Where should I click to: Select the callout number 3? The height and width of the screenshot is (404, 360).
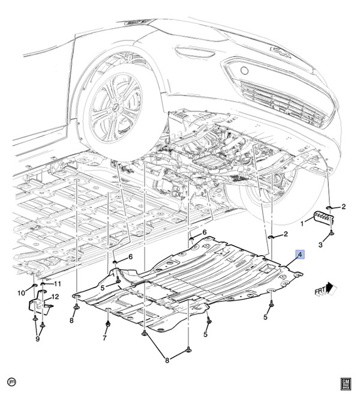coord(320,244)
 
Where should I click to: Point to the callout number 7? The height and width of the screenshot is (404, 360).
coord(104,337)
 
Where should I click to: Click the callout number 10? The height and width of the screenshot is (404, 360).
coord(21,292)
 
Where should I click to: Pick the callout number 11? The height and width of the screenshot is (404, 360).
coord(58,284)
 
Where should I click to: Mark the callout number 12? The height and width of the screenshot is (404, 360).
coord(55,297)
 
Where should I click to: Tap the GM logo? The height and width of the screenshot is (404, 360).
coord(346,382)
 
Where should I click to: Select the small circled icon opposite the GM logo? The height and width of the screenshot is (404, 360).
coord(11,382)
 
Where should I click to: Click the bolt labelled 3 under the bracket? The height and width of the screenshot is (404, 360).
coord(332,233)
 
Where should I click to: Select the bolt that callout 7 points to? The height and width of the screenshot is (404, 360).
coord(108,325)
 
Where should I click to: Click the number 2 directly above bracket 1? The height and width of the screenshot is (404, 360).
coord(344,207)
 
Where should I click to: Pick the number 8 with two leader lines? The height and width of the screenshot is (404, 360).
coord(167,360)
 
